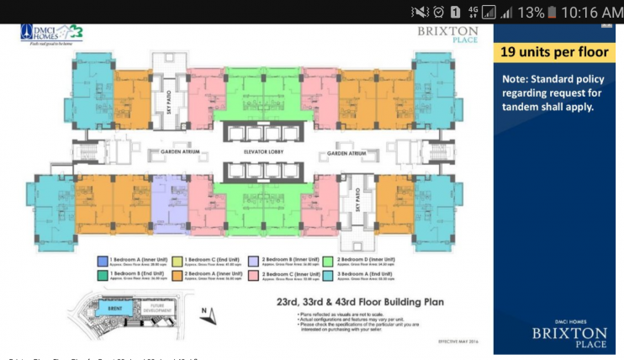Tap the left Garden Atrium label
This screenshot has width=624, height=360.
pyautogui.click(x=172, y=152)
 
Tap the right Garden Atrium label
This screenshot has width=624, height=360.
pyautogui.click(x=349, y=153)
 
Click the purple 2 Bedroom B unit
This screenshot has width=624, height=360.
pyautogui.click(x=169, y=203)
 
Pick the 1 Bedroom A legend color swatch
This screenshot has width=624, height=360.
pyautogui.click(x=102, y=261)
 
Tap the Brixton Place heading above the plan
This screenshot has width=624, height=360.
pyautogui.click(x=447, y=35)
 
